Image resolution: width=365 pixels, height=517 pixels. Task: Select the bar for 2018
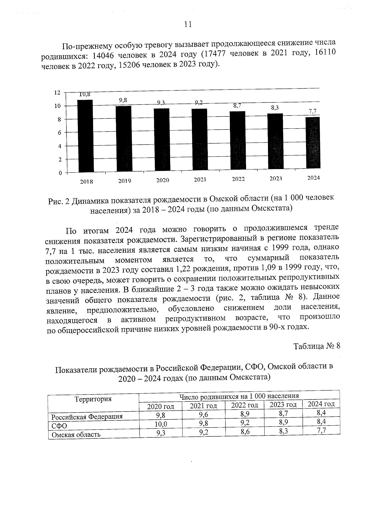pos(85,136)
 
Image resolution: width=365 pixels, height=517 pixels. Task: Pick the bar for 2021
pos(199,140)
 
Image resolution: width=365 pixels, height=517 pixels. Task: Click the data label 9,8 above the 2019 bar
pos(123,100)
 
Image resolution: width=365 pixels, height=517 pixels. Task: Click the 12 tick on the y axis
pos(57,92)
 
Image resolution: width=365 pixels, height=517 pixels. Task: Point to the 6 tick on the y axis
pos(59,133)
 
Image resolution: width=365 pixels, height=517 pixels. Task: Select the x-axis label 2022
pos(238,179)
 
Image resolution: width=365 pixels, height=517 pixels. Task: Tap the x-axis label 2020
pos(162,180)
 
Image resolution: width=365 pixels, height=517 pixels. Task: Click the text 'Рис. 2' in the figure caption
pos(59,201)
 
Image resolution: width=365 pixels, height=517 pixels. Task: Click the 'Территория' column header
pos(93,399)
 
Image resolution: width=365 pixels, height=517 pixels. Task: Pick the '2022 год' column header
pos(245,405)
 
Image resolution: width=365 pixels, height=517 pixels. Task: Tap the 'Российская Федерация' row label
pos(87,416)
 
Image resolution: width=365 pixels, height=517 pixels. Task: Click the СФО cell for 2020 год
pos(161,424)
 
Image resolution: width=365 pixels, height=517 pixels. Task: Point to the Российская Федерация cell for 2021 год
pos(203,414)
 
